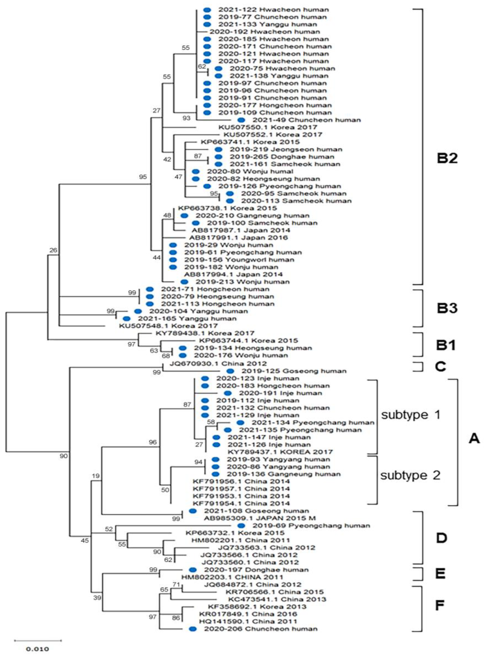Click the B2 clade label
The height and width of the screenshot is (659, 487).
pyautogui.click(x=447, y=158)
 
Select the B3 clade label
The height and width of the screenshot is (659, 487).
pyautogui.click(x=447, y=308)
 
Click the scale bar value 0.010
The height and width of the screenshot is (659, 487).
pyautogui.click(x=38, y=649)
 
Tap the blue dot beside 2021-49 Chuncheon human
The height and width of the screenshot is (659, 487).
pyautogui.click(x=241, y=120)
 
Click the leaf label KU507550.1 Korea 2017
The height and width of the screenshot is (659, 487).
pyautogui.click(x=268, y=127)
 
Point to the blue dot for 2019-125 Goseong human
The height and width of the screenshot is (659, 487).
pyautogui.click(x=230, y=371)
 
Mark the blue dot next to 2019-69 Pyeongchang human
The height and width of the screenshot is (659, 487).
pyautogui.click(x=241, y=525)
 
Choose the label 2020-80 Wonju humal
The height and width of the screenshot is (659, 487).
pyautogui.click(x=250, y=171)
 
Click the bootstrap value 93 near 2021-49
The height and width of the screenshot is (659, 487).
pyautogui.click(x=186, y=118)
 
